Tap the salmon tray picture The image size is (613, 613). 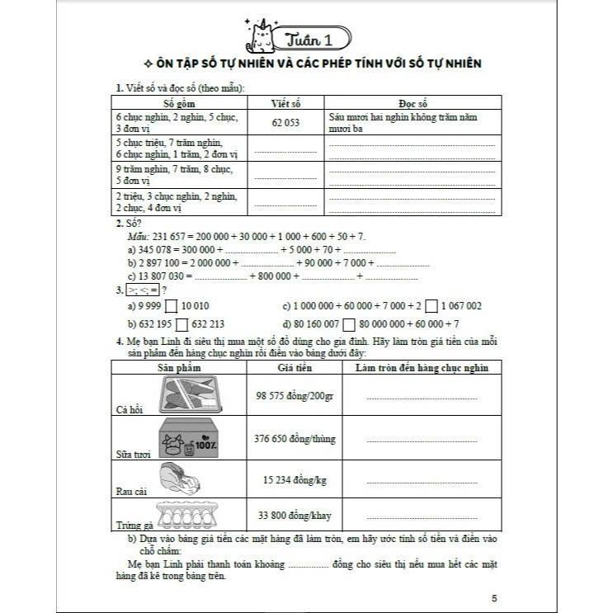(193, 394)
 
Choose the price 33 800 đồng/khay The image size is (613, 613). (295, 516)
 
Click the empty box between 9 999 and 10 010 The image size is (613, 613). (172, 305)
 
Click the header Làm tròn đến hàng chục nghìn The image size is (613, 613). (422, 368)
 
